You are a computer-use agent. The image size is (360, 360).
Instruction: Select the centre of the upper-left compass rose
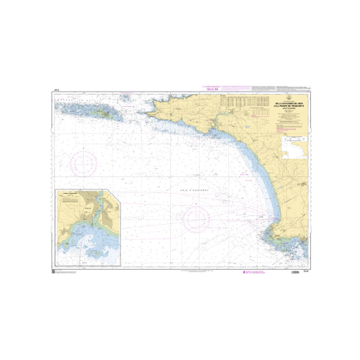point(85,162)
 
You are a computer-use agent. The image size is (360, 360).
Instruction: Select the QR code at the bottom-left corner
point(53,272)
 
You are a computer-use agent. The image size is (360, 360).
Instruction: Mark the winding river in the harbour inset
point(96,211)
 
